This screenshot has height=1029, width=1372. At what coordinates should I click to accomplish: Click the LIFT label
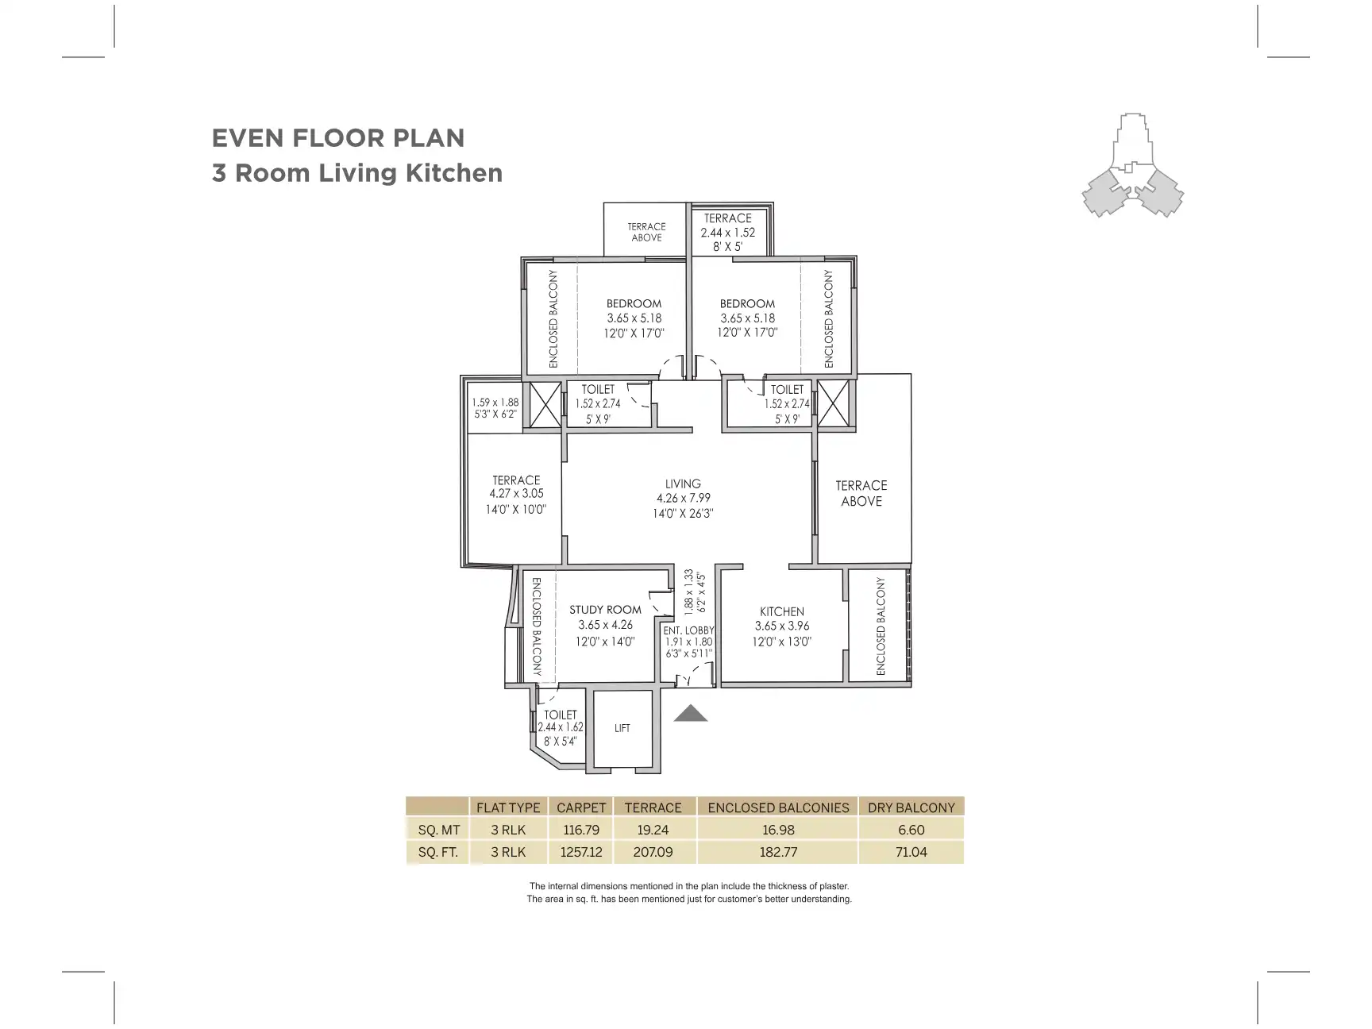click(x=622, y=728)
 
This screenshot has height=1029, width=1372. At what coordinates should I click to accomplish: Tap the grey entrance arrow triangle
click(x=691, y=714)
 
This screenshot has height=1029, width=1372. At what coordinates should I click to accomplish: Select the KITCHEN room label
click(x=782, y=611)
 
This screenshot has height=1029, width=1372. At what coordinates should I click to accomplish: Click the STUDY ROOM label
click(x=605, y=610)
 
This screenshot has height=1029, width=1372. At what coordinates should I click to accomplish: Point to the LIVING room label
click(x=683, y=484)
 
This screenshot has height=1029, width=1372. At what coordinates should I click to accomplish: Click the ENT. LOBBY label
click(x=688, y=630)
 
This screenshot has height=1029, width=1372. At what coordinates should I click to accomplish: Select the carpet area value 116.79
click(x=581, y=830)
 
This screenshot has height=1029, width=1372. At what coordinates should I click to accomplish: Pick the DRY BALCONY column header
click(x=911, y=807)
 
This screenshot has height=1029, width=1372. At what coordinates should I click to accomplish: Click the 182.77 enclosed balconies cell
click(x=778, y=852)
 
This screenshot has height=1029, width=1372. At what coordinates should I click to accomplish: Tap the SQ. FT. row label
click(x=438, y=852)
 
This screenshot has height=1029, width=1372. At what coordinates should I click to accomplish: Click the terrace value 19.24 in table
click(x=653, y=830)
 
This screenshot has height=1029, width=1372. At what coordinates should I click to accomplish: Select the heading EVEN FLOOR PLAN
click(x=338, y=138)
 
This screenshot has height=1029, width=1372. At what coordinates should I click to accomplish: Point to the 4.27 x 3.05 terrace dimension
click(x=516, y=494)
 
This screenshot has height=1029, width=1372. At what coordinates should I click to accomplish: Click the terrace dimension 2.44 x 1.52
click(x=727, y=233)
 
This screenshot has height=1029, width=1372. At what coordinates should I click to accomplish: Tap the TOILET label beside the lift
click(x=560, y=715)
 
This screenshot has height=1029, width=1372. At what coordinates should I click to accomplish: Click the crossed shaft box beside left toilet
click(x=545, y=406)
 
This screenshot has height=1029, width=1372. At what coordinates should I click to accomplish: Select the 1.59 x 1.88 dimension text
click(x=495, y=402)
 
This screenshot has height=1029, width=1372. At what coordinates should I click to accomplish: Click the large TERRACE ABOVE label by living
click(x=861, y=493)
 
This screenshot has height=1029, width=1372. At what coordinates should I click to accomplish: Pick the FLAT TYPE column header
click(x=508, y=807)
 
